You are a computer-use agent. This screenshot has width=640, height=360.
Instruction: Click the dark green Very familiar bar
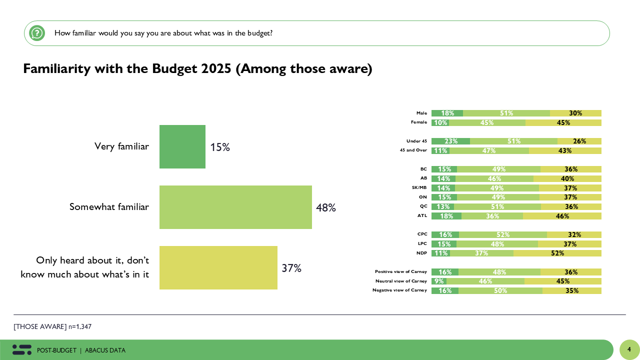click(x=182, y=146)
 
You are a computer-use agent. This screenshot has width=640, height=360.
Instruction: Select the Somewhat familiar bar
click(x=235, y=207)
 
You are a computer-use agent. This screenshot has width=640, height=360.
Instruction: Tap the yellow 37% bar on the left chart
click(x=218, y=267)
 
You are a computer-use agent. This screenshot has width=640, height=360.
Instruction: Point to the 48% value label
click(x=325, y=207)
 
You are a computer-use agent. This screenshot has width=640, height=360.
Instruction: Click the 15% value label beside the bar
click(x=220, y=147)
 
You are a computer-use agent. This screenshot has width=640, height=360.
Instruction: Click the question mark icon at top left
click(x=37, y=33)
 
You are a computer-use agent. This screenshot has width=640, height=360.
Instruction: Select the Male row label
click(x=421, y=113)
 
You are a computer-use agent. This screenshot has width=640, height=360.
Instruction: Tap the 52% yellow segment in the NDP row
click(x=557, y=253)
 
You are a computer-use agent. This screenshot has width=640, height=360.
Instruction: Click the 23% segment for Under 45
click(x=450, y=141)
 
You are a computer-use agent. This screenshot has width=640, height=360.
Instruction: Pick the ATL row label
click(x=422, y=216)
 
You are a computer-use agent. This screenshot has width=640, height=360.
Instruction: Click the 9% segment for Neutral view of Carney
click(x=436, y=281)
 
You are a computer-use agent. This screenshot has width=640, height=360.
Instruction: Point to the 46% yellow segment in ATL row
click(x=562, y=216)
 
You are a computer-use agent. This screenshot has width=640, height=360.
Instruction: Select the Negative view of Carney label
click(x=399, y=290)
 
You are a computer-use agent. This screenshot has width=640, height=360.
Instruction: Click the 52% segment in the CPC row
click(x=503, y=234)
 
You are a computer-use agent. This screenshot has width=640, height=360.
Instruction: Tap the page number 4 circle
click(x=629, y=349)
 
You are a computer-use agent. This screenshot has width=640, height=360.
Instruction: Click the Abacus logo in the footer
click(x=22, y=350)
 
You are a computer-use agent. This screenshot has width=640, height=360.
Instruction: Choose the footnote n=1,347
click(x=80, y=326)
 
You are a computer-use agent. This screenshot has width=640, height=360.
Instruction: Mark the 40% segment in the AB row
click(x=567, y=178)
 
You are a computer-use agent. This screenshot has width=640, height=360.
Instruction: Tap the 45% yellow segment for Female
click(x=563, y=122)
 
